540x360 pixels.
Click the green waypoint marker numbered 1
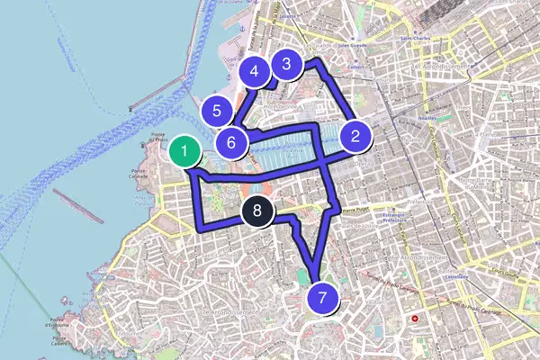184,150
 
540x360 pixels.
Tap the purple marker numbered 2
356,137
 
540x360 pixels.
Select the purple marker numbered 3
286,64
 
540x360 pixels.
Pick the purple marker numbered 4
255,71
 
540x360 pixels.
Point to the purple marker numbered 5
217,112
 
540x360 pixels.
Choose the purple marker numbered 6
231,142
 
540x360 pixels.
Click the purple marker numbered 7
322,296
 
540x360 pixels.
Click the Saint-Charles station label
418,39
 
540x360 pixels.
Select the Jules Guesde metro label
331,41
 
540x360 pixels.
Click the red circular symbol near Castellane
415,319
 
